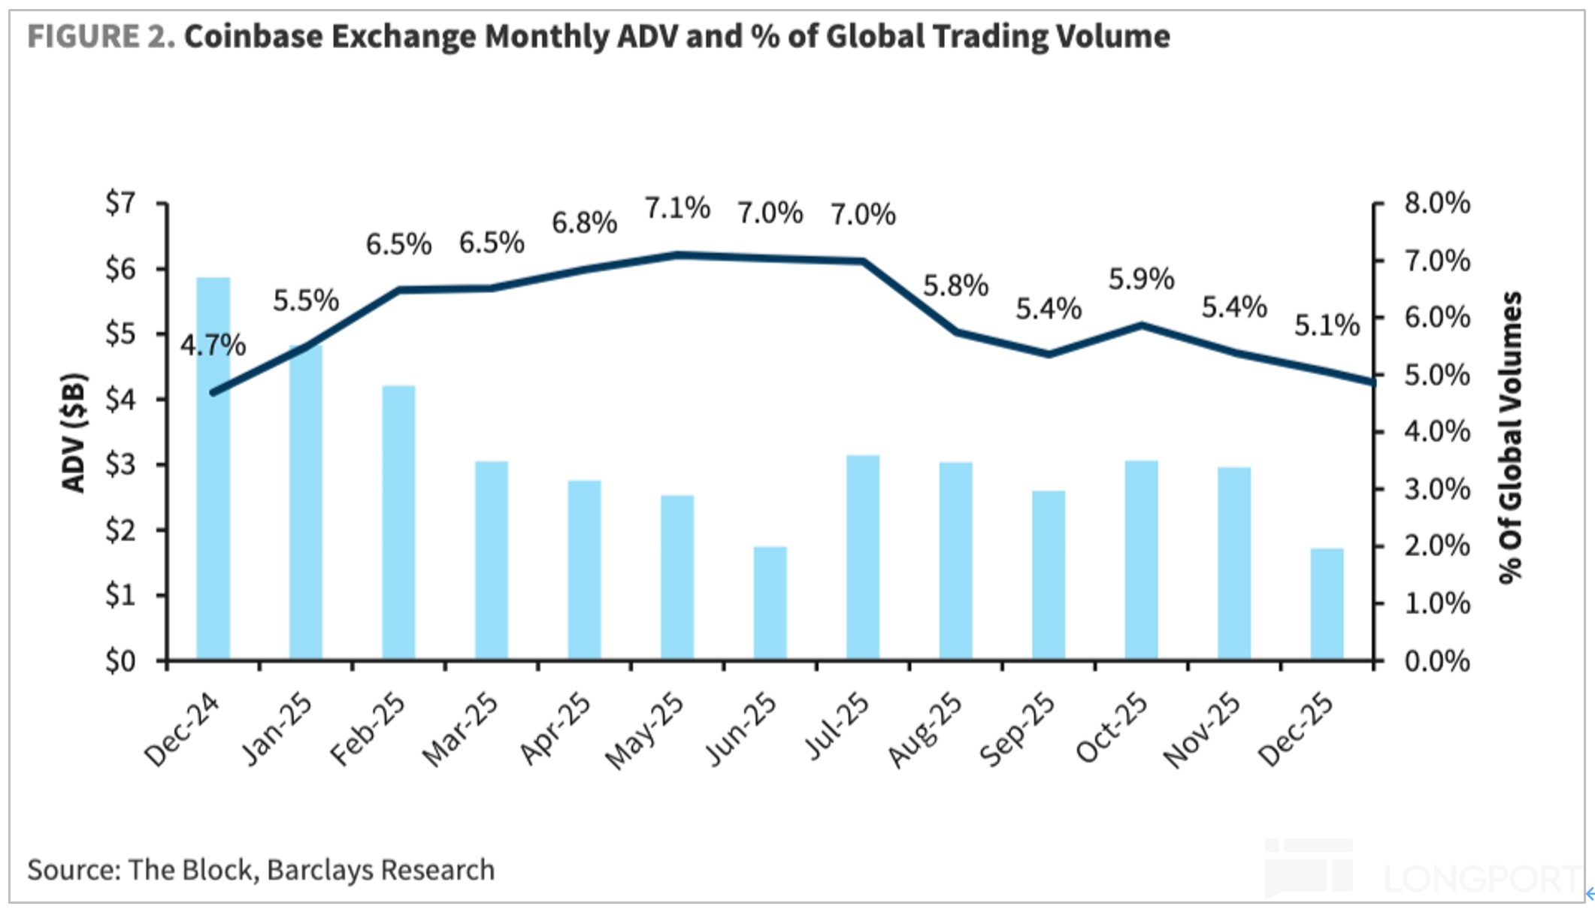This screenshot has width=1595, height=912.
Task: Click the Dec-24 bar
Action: point(213,469)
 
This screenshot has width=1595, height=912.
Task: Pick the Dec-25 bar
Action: point(1327,604)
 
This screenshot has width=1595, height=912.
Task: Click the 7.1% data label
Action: point(677,208)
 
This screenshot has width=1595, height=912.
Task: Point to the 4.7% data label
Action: point(213,346)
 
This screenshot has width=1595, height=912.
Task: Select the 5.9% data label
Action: point(1141,279)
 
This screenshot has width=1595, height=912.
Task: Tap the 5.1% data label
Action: point(1327,325)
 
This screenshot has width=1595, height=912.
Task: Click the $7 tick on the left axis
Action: point(120,203)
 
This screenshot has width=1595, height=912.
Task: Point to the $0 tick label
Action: point(120,661)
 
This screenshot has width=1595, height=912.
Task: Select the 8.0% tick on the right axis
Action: point(1437,203)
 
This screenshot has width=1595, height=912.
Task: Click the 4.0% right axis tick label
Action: point(1437,431)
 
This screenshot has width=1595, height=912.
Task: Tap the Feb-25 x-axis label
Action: point(368,729)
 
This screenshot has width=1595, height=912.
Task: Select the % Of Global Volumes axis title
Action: point(1510,436)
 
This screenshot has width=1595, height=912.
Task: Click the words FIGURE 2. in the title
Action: point(101,36)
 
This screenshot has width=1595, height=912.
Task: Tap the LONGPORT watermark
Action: point(1481,877)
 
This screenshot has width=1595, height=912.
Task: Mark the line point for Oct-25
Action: point(1141,325)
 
